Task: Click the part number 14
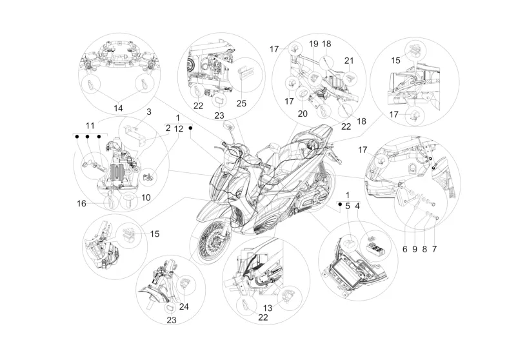118,108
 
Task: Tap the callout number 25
241,103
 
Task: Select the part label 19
313,44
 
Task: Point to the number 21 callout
349,61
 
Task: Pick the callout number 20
303,114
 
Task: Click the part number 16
82,203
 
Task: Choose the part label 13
268,308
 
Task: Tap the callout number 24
184,306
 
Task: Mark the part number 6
404,249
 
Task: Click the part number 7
434,249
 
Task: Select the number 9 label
414,249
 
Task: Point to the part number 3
149,112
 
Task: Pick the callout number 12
179,129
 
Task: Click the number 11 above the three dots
90,126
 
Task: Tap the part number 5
348,206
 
